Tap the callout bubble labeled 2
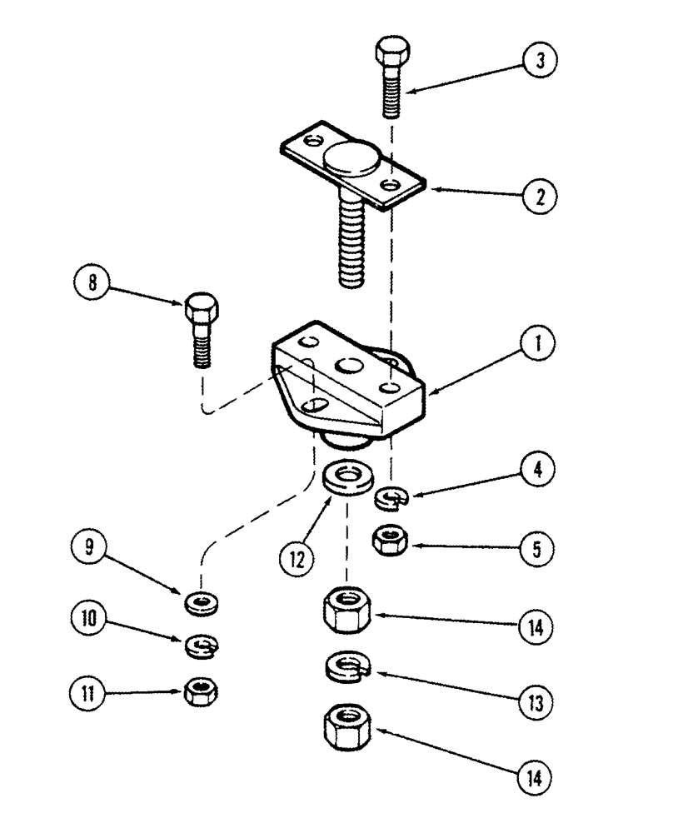[540, 197]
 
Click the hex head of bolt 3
[391, 54]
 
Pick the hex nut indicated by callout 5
[388, 541]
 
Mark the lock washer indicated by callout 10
[199, 643]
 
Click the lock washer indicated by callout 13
[346, 667]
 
